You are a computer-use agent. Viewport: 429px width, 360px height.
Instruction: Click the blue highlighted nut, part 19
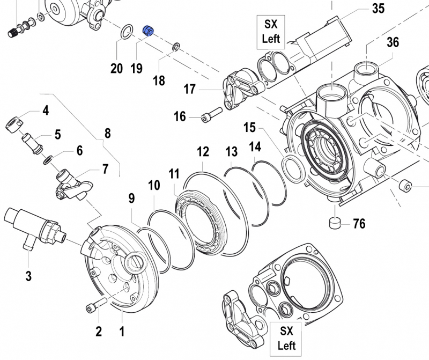tap(148, 32)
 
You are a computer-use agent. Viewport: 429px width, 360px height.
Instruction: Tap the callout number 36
tap(393, 42)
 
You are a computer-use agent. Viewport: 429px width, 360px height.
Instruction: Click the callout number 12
tap(202, 152)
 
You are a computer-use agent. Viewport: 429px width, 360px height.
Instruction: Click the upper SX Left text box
tap(270, 31)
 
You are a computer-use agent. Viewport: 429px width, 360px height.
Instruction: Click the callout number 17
tap(189, 89)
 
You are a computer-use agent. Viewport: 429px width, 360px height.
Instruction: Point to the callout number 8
tap(107, 134)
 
